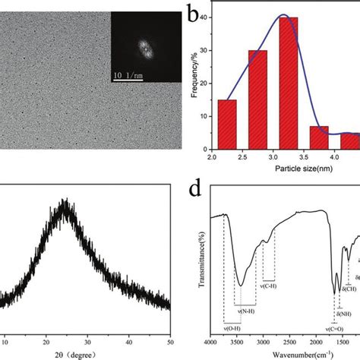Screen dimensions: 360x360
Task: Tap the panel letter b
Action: (x=194, y=12)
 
